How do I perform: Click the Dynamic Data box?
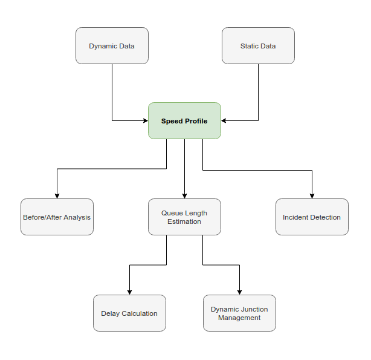coord(112,45)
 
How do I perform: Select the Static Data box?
coord(258,45)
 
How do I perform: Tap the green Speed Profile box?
coord(184,121)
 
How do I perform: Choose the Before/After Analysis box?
coord(57,217)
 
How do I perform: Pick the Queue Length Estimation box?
coord(184,217)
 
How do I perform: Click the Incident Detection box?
coord(312,217)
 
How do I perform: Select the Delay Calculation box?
coord(129,313)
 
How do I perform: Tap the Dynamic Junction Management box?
coord(239,313)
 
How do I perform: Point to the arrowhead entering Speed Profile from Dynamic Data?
coord(145,120)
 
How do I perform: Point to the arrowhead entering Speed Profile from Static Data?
coord(224,120)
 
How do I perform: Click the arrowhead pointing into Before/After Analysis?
coord(57,195)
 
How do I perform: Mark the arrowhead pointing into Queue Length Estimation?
coord(184,195)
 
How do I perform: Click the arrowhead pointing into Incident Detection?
coord(312,195)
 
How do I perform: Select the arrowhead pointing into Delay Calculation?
coord(129,292)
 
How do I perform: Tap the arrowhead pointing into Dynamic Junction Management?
coord(239,292)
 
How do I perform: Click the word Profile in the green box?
coord(196,121)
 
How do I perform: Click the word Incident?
coord(297,217)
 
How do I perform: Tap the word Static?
coord(248,46)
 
